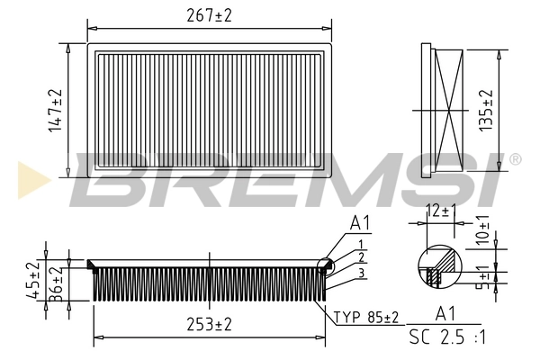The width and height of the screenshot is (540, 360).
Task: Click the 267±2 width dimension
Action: click(209, 15)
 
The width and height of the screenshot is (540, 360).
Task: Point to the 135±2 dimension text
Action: click(487, 111)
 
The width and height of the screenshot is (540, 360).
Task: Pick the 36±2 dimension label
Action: click(55, 283)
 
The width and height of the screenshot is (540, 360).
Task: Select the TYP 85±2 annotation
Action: click(366, 317)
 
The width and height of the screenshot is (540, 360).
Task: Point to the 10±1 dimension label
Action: click(481, 229)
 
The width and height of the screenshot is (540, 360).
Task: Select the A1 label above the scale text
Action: click(444, 314)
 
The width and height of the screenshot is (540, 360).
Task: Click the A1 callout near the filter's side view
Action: click(361, 223)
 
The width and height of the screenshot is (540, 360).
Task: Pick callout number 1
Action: click(360, 243)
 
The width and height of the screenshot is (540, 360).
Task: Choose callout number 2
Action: click(360, 257)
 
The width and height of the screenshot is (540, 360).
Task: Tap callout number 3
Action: click(360, 273)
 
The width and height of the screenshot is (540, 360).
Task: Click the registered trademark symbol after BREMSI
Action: click(515, 159)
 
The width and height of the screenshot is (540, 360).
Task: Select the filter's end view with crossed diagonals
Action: click(445, 110)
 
